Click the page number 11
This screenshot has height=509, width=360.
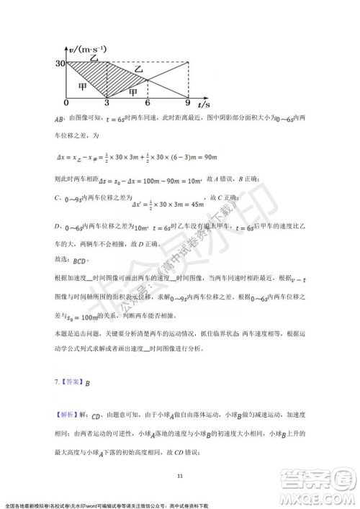180,474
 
